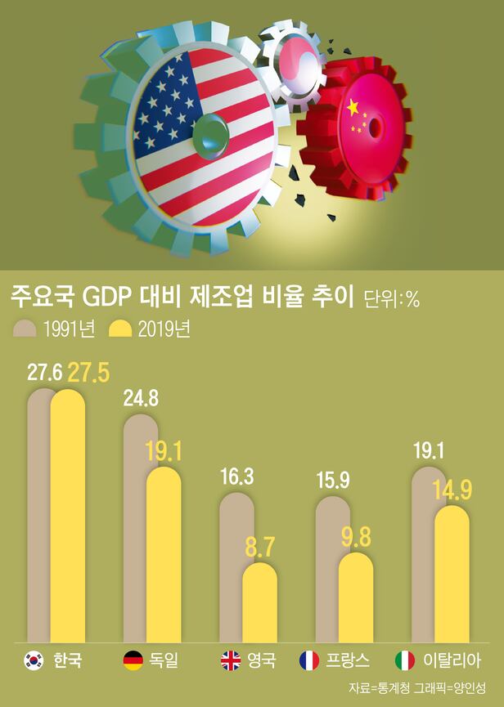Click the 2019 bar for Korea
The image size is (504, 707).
[x=68, y=515]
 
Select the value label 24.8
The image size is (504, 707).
[x=140, y=398]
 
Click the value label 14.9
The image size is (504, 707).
[x=452, y=490]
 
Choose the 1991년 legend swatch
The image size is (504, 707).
[x=25, y=329]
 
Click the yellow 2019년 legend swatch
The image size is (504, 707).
[x=121, y=329]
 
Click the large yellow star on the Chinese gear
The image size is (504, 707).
[x=353, y=107]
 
